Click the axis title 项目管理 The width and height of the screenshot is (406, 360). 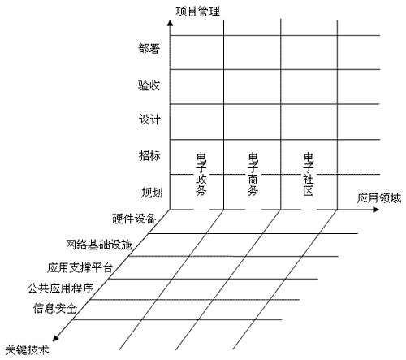click(198, 11)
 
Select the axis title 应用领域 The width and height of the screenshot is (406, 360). click(379, 198)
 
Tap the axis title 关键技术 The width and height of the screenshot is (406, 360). click(28, 349)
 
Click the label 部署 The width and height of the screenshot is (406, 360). click(149, 49)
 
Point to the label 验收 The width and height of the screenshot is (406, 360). click(149, 85)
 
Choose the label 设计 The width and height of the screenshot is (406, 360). click(149, 119)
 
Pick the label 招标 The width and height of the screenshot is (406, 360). click(149, 156)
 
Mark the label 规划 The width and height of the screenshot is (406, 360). click(152, 193)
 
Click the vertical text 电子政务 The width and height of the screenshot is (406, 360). click(201, 174)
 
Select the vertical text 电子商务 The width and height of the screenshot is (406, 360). click(253, 174)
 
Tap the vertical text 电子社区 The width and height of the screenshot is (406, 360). click(309, 174)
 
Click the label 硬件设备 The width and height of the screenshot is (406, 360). click(134, 219)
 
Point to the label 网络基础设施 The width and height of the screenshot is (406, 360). click(99, 245)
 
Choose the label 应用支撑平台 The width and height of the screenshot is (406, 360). click(80, 267)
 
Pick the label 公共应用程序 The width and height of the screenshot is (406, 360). click(60, 288)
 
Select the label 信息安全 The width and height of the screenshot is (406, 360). click(55, 308)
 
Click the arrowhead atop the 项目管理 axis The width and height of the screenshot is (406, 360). click(170, 23)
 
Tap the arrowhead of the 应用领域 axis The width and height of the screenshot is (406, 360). click(376, 210)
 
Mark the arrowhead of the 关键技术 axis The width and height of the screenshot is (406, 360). click(55, 338)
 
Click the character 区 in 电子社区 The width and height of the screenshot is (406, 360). click(309, 191)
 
